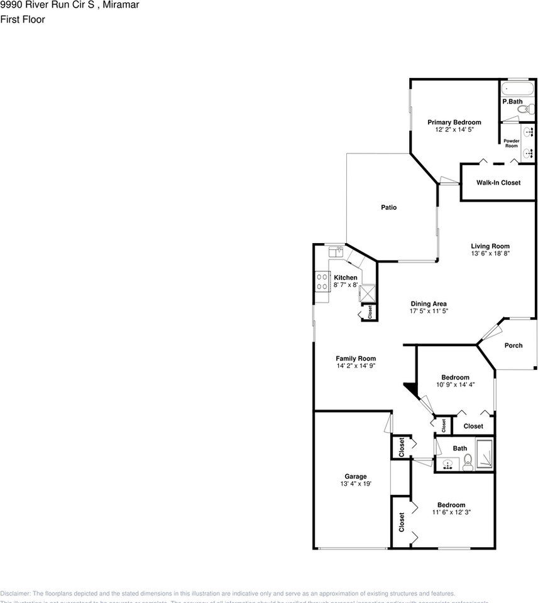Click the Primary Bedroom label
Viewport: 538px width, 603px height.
[454, 122]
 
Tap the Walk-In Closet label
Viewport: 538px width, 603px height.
[498, 183]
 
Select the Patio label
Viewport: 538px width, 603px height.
[388, 207]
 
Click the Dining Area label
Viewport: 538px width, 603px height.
[429, 303]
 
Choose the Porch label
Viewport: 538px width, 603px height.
[513, 345]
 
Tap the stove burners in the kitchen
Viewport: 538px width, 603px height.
[322, 281]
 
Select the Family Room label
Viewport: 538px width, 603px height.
[355, 359]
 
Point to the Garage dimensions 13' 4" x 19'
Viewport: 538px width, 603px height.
[355, 484]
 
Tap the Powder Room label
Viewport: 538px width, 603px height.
[511, 143]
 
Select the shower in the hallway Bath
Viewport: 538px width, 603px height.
[485, 455]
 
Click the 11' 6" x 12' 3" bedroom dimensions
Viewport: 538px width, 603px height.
[451, 512]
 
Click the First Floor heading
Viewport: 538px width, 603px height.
[23, 19]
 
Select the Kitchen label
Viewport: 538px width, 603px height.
[345, 278]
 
